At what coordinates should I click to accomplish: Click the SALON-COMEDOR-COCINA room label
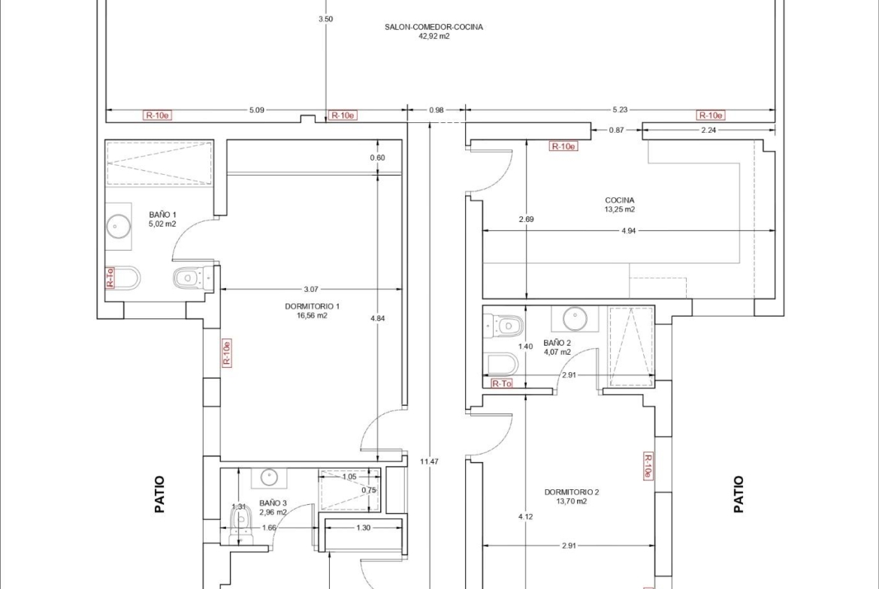[x=433, y=27]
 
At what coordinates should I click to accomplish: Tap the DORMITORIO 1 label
[x=313, y=306]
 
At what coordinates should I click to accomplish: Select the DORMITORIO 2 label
[x=572, y=492]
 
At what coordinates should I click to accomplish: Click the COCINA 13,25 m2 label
[x=620, y=205]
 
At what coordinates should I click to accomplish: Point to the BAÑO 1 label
[x=162, y=215]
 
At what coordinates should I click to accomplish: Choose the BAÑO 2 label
[x=557, y=343]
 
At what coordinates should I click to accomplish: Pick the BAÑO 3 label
[x=273, y=503]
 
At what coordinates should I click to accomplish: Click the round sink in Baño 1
[x=118, y=226]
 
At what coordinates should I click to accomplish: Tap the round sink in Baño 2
[x=575, y=319]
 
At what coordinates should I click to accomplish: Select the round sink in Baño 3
[x=269, y=478]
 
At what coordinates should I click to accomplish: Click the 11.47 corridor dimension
[x=430, y=462]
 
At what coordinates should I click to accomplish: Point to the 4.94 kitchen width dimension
[x=628, y=230]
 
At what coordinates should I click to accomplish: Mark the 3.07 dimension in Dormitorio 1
[x=310, y=290]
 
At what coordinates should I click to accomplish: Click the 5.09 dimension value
[x=256, y=110]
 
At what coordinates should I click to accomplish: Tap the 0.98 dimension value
[x=436, y=110]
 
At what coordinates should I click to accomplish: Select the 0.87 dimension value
[x=616, y=130]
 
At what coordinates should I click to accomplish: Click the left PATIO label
[x=160, y=494]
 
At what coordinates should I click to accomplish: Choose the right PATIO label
[x=739, y=494]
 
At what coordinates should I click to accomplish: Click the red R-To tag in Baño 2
[x=502, y=383]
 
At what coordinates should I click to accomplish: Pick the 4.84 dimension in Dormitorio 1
[x=378, y=319]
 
